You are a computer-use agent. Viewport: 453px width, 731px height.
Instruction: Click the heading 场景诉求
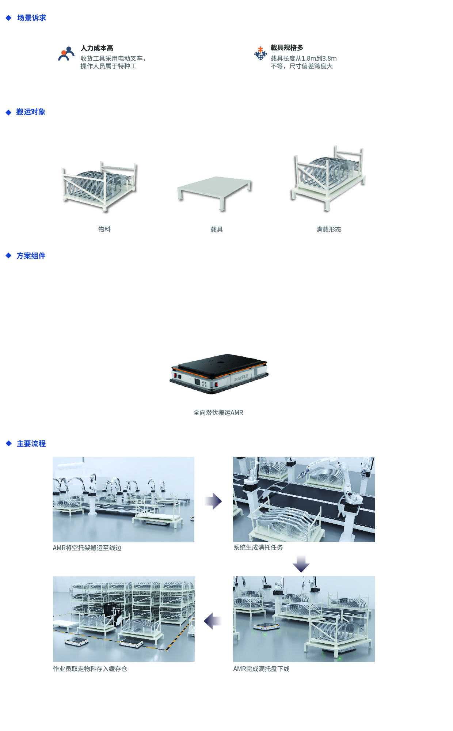(x=31, y=18)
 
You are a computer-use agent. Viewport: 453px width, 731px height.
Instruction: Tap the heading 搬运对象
(x=31, y=112)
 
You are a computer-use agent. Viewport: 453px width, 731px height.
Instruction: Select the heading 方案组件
(x=31, y=256)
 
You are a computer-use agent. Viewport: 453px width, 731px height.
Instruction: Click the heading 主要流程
(x=31, y=444)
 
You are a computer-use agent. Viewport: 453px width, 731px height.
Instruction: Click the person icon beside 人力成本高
(x=66, y=54)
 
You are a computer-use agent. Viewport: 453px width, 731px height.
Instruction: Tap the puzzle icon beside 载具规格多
(x=260, y=53)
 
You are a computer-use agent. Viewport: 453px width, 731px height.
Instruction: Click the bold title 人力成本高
(x=97, y=48)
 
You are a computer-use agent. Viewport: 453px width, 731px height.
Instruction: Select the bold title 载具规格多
(x=287, y=48)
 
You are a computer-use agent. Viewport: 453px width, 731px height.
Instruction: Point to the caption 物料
(x=104, y=229)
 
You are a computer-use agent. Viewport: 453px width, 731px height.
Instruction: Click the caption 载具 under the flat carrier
(x=217, y=230)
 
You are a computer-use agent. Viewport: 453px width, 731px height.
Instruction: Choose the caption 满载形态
(x=329, y=230)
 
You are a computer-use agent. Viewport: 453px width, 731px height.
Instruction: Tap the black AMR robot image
(x=219, y=373)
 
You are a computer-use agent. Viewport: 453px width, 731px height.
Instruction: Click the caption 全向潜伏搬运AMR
(x=218, y=413)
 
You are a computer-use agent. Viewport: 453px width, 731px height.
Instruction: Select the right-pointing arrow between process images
(x=213, y=501)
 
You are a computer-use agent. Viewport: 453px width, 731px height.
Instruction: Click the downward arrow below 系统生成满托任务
(x=301, y=564)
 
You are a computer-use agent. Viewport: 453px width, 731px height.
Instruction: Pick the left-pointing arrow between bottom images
(x=213, y=621)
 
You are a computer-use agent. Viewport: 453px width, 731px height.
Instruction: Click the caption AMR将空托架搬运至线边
(x=87, y=548)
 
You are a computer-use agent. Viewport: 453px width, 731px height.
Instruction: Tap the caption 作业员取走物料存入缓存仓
(x=90, y=669)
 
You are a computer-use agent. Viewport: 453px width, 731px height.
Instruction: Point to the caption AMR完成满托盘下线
(x=261, y=669)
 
